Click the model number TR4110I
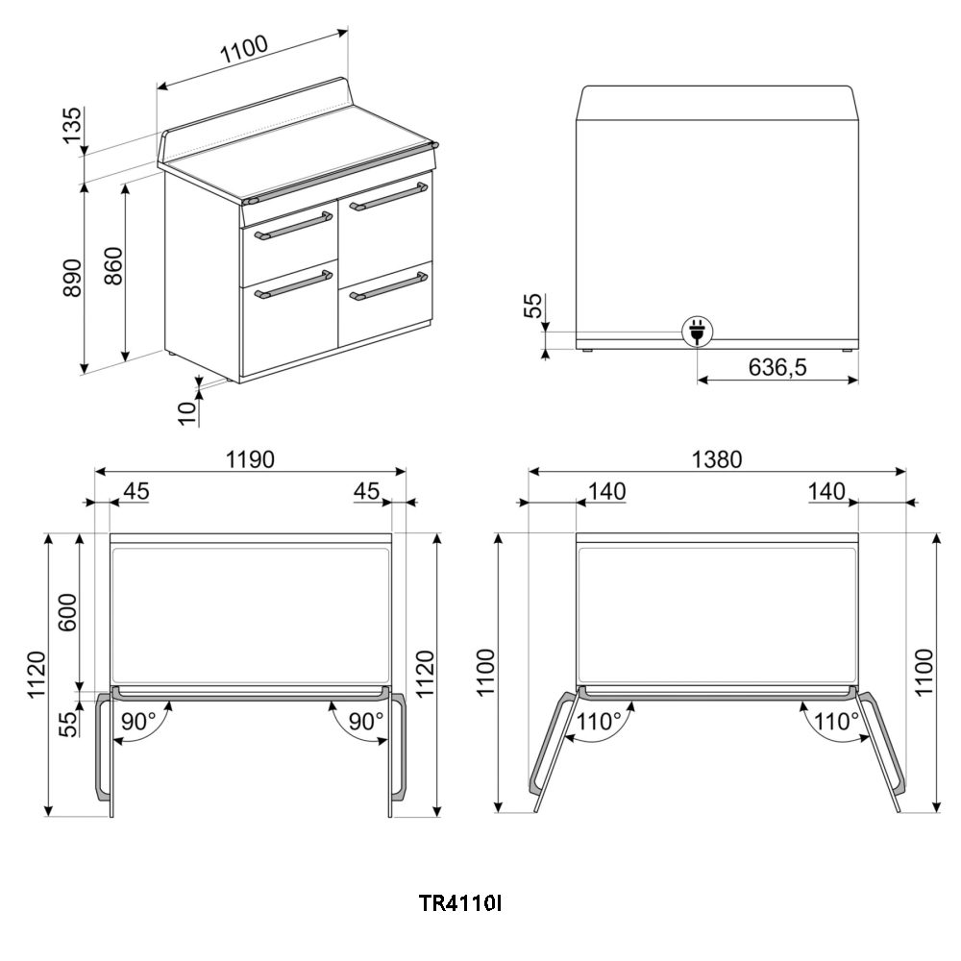[459, 903]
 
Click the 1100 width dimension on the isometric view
[244, 49]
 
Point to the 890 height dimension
[72, 278]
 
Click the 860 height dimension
[113, 266]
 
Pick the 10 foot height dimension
[187, 413]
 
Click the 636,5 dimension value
[777, 367]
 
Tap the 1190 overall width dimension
[250, 459]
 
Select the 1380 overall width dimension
[717, 459]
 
